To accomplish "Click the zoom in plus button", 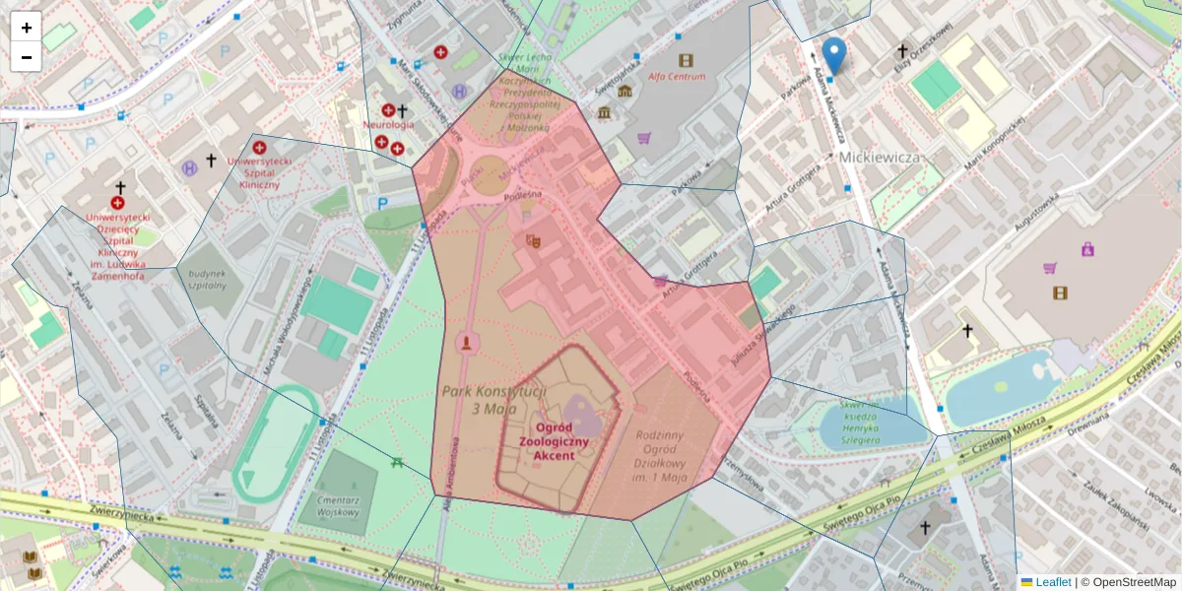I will [27, 28].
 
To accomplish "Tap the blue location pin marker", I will [834, 55].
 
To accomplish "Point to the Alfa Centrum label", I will [676, 76].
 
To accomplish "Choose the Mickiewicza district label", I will [880, 158].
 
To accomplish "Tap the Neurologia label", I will [388, 125].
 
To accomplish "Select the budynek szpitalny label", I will [208, 279].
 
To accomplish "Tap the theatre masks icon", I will [533, 240].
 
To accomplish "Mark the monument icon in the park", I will [467, 342].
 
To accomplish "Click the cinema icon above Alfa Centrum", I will [686, 60].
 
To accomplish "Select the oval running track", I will [277, 444].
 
